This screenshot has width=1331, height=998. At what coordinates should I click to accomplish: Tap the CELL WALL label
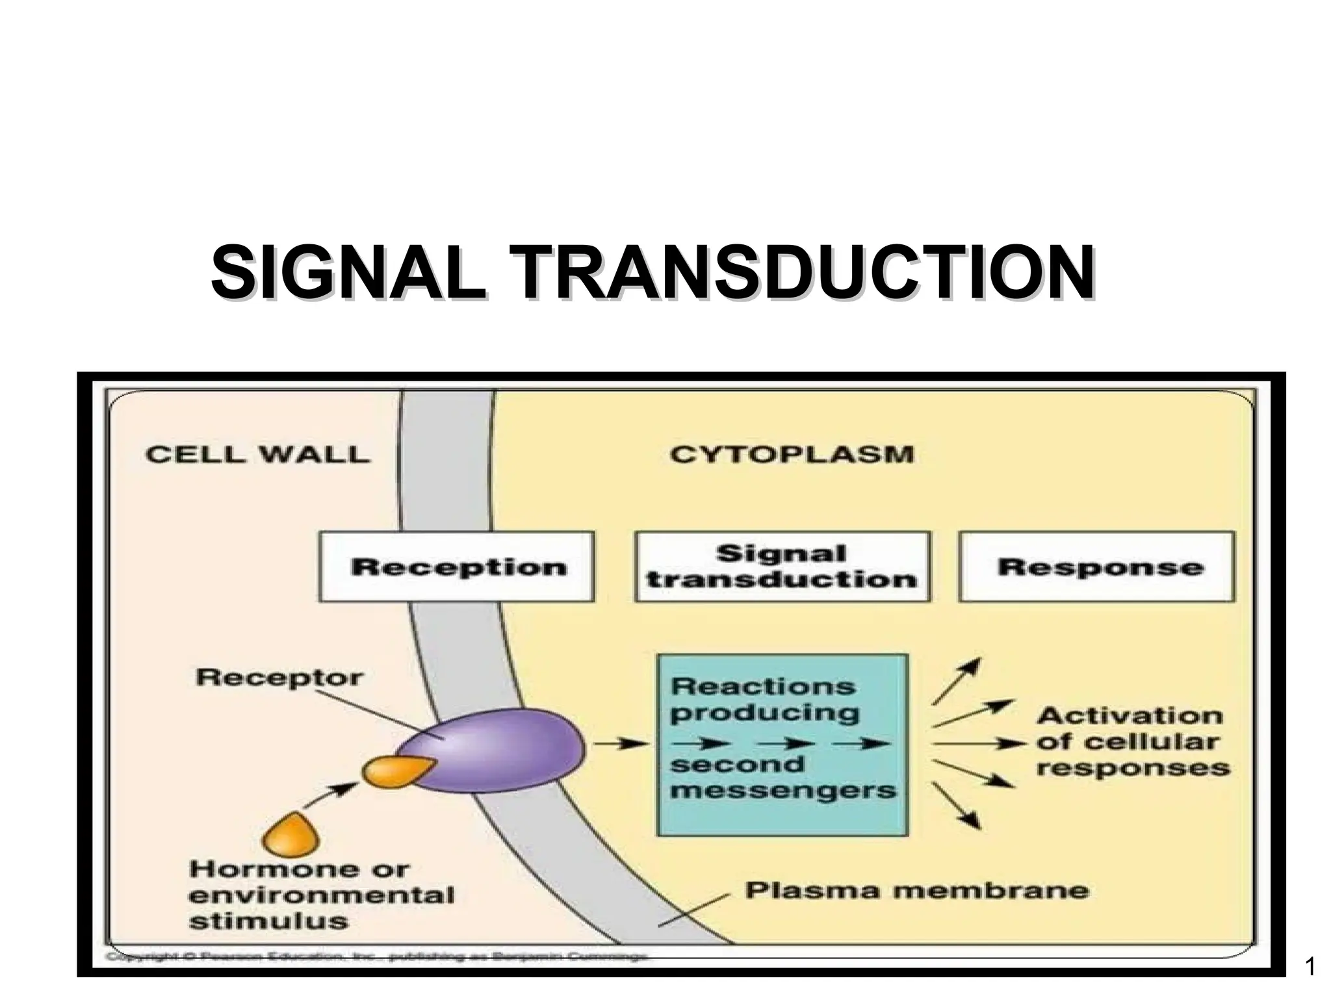pos(257,454)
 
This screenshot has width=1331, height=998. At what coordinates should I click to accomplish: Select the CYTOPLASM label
pos(792,454)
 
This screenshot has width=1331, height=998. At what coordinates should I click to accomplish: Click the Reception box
pos(456,567)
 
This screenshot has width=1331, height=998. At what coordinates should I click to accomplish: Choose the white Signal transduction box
pos(782,567)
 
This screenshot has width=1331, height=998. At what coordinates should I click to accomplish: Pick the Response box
pos(1097,567)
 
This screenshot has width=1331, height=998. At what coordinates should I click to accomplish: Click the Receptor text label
pos(280,678)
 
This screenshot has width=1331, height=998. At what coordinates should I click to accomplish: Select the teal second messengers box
pos(782,744)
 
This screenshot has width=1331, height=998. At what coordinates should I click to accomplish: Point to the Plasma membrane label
pos(916,889)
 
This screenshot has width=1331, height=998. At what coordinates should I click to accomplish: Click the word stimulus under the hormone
pos(268,921)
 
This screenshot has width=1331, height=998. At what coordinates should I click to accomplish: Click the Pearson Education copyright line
pos(377,956)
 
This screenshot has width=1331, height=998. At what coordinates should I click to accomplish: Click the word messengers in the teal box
pos(783,791)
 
